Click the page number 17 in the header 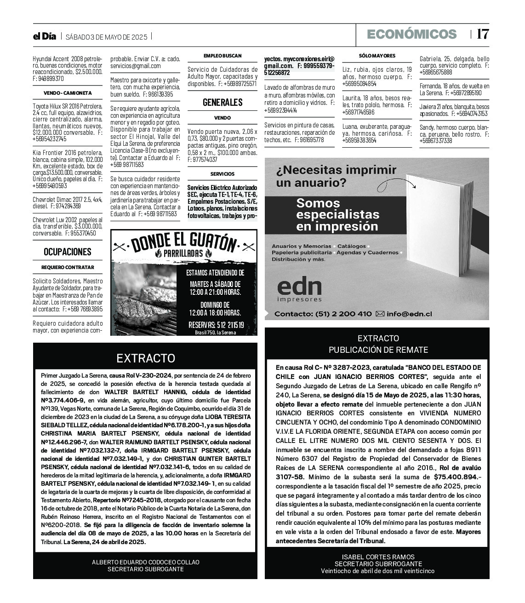pos(482,34)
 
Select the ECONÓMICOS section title pos(411,34)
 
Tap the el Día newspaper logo pos(44,36)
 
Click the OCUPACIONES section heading pos(68,252)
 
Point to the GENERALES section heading pos(223,102)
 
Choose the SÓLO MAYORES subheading pos(377,56)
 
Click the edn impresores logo pos(299,290)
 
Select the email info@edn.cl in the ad pos(409,314)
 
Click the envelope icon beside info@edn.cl pos(380,314)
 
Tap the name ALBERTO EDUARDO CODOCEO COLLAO pos(145,562)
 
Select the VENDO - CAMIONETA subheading pos(68,93)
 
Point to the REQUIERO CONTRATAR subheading pos(68,267)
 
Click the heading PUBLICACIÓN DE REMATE pos(378,350)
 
